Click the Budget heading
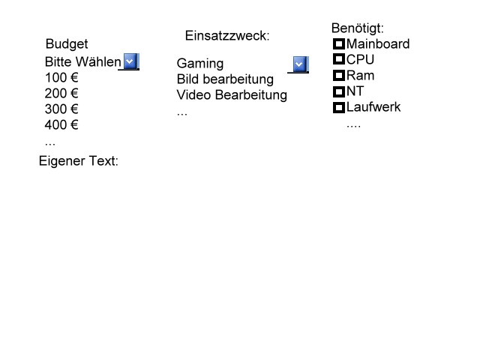click(x=67, y=44)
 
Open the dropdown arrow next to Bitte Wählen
click(x=130, y=61)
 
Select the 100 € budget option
click(x=61, y=77)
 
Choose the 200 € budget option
click(x=61, y=94)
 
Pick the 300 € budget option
click(x=61, y=109)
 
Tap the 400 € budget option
click(x=61, y=125)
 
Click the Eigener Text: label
click(x=79, y=161)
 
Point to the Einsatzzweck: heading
click(x=226, y=36)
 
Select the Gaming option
click(x=200, y=64)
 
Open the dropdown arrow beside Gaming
click(x=300, y=64)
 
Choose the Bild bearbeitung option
click(x=225, y=79)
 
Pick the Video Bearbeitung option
click(x=232, y=95)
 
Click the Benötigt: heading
click(x=358, y=28)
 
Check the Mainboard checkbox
click(x=339, y=44)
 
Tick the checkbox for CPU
click(x=339, y=60)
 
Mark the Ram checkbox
click(x=339, y=76)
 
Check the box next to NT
click(x=339, y=91)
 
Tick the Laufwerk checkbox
click(x=339, y=107)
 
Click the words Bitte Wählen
click(x=82, y=61)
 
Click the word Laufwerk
click(x=373, y=107)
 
